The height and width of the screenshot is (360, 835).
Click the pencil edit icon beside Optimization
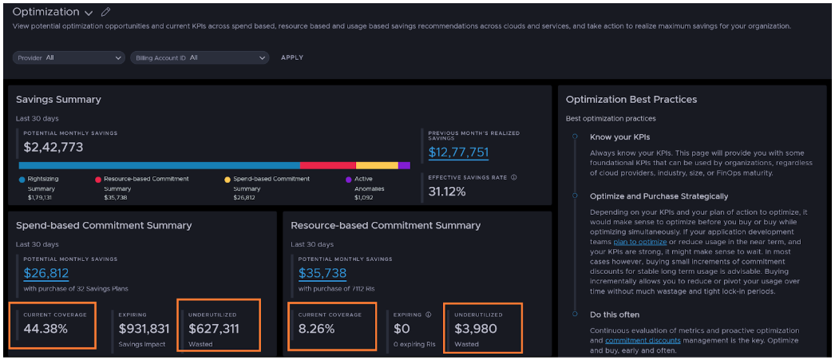[x=106, y=12]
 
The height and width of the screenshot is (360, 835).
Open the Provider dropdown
[x=69, y=57]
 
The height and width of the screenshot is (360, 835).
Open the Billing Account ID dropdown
[x=199, y=57]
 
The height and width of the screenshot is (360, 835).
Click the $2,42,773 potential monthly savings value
[x=53, y=147]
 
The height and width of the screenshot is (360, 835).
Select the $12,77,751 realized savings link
[x=458, y=152]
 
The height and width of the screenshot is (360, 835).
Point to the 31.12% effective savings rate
[x=447, y=192]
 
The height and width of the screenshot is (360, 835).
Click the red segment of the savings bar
[x=327, y=165]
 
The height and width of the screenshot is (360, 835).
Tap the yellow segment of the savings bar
[x=376, y=165]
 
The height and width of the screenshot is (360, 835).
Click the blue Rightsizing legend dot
[x=22, y=180]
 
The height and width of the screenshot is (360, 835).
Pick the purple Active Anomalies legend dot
[x=348, y=180]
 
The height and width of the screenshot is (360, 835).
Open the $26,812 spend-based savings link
[x=46, y=274]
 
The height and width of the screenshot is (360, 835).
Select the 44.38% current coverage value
[x=46, y=328]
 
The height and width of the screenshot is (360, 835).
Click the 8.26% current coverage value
[x=316, y=328]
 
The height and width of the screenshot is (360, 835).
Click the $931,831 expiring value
[x=144, y=328]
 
